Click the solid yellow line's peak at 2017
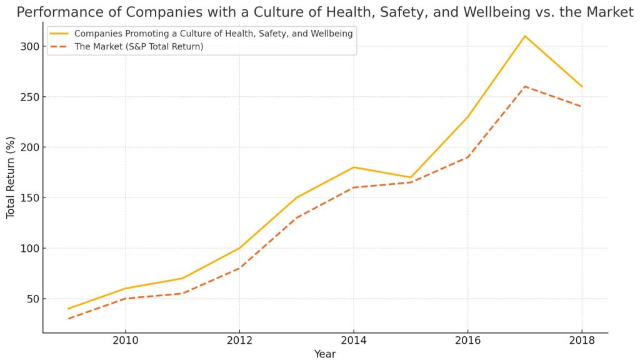(525, 36)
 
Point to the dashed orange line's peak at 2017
(525, 86)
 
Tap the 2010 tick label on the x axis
(125, 341)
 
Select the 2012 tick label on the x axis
(239, 341)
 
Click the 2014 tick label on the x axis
(353, 341)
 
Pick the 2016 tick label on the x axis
(467, 341)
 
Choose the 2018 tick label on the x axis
(582, 341)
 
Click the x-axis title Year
(325, 354)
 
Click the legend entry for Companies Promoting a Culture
(213, 34)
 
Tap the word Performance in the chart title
(54, 12)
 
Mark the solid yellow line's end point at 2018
(582, 86)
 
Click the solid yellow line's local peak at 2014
(353, 167)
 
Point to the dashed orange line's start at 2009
(68, 319)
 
